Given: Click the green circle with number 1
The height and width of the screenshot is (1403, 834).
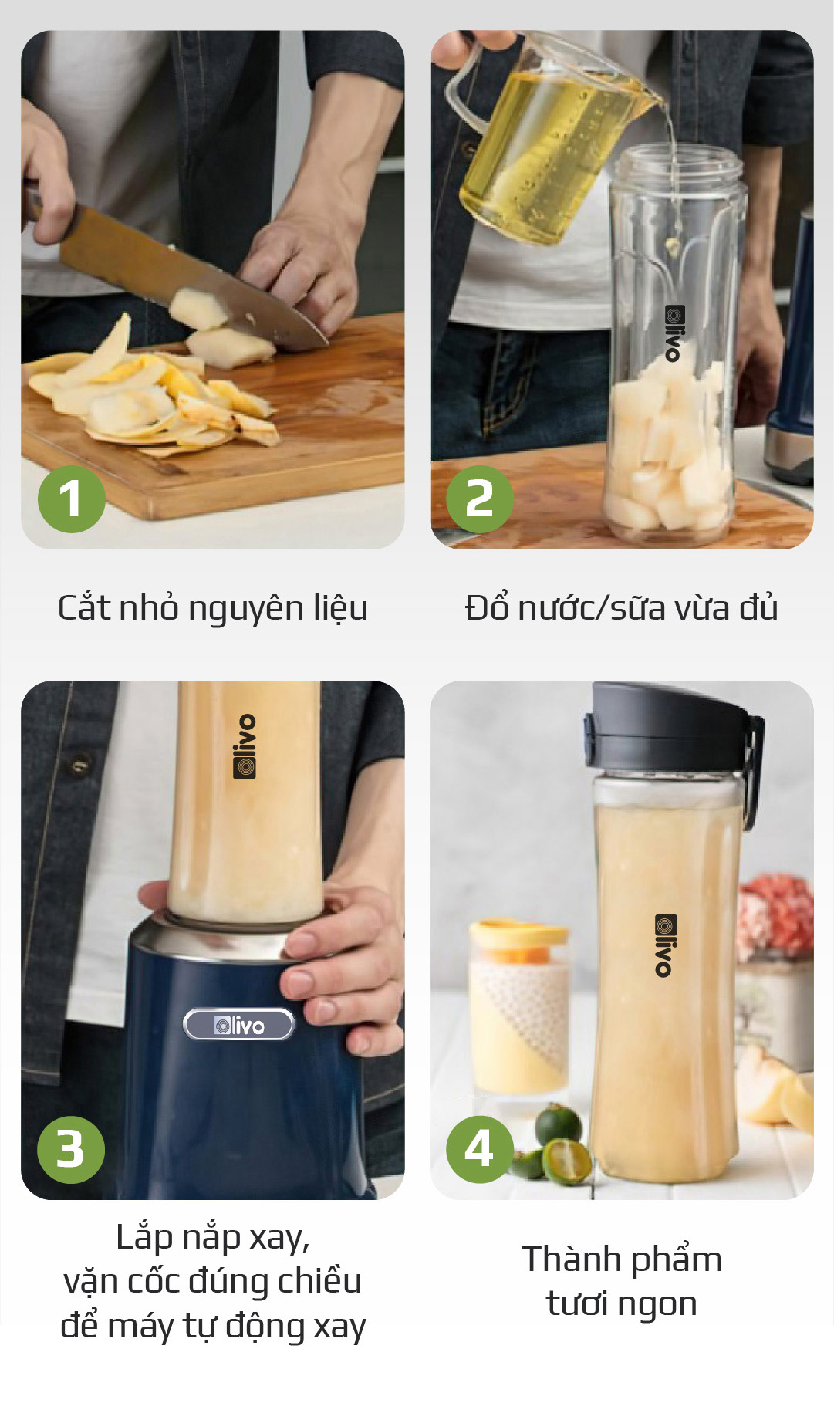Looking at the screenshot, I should tap(71, 499).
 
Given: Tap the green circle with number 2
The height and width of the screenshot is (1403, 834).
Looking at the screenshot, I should tap(479, 499).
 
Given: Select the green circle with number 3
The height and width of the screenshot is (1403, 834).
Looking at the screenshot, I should tap(70, 1149).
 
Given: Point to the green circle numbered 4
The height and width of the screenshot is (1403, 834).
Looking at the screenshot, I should tap(479, 1149).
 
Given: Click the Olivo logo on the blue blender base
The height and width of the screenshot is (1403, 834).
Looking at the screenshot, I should tap(239, 1025).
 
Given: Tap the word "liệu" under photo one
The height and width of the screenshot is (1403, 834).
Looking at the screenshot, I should tap(339, 608).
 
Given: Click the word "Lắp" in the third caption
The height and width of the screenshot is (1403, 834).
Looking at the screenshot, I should tap(144, 1238).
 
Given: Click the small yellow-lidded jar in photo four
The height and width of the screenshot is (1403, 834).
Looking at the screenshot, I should tap(518, 1003).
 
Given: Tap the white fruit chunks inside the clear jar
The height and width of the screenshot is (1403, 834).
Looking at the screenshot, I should tap(667, 455).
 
